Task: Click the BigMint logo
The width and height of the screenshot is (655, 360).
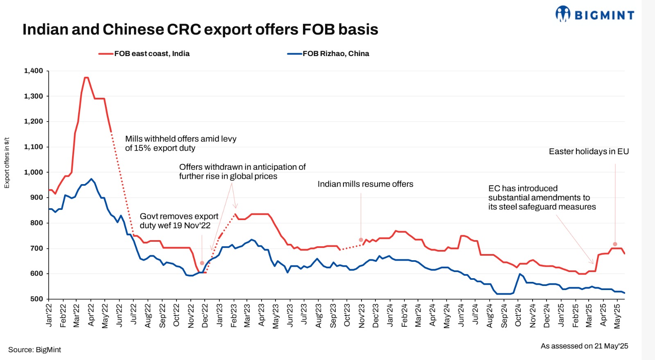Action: [594, 14]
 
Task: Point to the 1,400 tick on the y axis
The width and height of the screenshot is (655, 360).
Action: [34, 71]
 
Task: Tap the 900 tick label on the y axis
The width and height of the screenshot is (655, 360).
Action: [36, 197]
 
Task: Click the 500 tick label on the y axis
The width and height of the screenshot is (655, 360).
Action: [36, 299]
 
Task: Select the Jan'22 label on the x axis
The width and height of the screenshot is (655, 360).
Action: [49, 315]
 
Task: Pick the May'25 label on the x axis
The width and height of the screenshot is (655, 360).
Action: [617, 315]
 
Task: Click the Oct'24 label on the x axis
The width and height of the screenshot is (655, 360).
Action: [518, 315]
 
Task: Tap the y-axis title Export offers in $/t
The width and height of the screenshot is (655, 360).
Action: [7, 163]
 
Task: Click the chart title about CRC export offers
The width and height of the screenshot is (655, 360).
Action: [200, 29]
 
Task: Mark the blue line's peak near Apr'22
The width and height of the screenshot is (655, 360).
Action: [91, 179]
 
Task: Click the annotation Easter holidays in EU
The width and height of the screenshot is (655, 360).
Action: [588, 151]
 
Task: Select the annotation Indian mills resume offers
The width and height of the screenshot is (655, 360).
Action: [365, 184]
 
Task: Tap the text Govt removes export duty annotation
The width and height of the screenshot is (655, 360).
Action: [179, 221]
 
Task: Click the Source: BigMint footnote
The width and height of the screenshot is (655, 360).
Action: [35, 350]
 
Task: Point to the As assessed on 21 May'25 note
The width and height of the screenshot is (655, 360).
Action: [584, 346]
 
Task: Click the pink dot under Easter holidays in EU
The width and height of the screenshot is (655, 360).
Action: [615, 244]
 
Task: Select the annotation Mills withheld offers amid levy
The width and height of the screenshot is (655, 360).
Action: [181, 143]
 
